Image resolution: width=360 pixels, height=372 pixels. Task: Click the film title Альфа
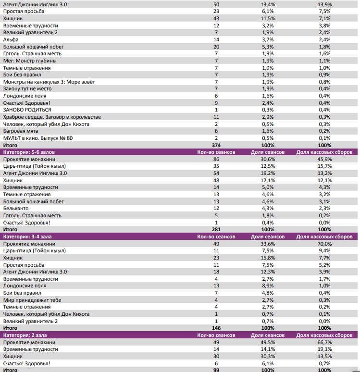10,39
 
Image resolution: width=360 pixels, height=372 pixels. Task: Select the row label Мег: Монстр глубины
30,61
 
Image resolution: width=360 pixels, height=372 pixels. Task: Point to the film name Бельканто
16,208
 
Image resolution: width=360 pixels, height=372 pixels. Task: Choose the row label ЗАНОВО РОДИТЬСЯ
27,110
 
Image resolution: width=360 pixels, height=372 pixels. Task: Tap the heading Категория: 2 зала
27,335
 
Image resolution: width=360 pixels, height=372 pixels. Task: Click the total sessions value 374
216,145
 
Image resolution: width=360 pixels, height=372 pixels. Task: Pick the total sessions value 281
216,229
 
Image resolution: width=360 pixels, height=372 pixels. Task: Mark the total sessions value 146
216,328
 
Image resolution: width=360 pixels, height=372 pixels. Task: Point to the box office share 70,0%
324,244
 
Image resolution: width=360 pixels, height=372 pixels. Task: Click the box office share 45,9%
324,159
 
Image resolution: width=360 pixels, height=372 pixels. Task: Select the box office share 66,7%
324,342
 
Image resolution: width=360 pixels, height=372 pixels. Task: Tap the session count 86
216,159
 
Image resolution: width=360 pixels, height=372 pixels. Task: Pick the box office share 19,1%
324,349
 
